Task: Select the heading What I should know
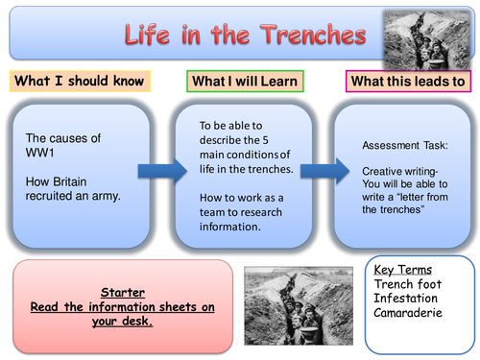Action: point(78,81)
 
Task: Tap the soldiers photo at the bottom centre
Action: point(292,304)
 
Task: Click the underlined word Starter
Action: point(122,292)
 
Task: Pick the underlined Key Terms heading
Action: point(404,270)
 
